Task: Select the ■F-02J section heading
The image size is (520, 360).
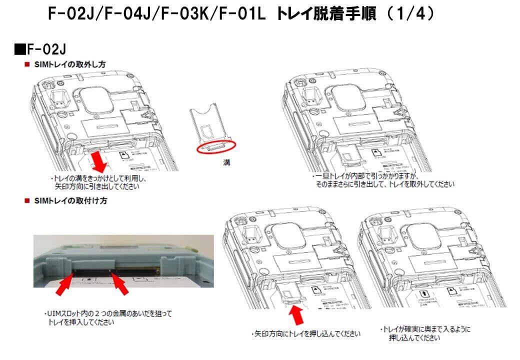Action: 40,50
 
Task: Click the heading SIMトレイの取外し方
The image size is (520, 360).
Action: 70,64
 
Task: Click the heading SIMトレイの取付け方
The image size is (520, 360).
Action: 70,201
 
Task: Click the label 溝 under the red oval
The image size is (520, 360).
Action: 226,163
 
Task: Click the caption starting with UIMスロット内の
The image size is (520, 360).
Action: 107,318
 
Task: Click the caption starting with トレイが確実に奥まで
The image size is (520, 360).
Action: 425,333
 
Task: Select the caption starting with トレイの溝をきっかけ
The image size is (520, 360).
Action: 100,182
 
